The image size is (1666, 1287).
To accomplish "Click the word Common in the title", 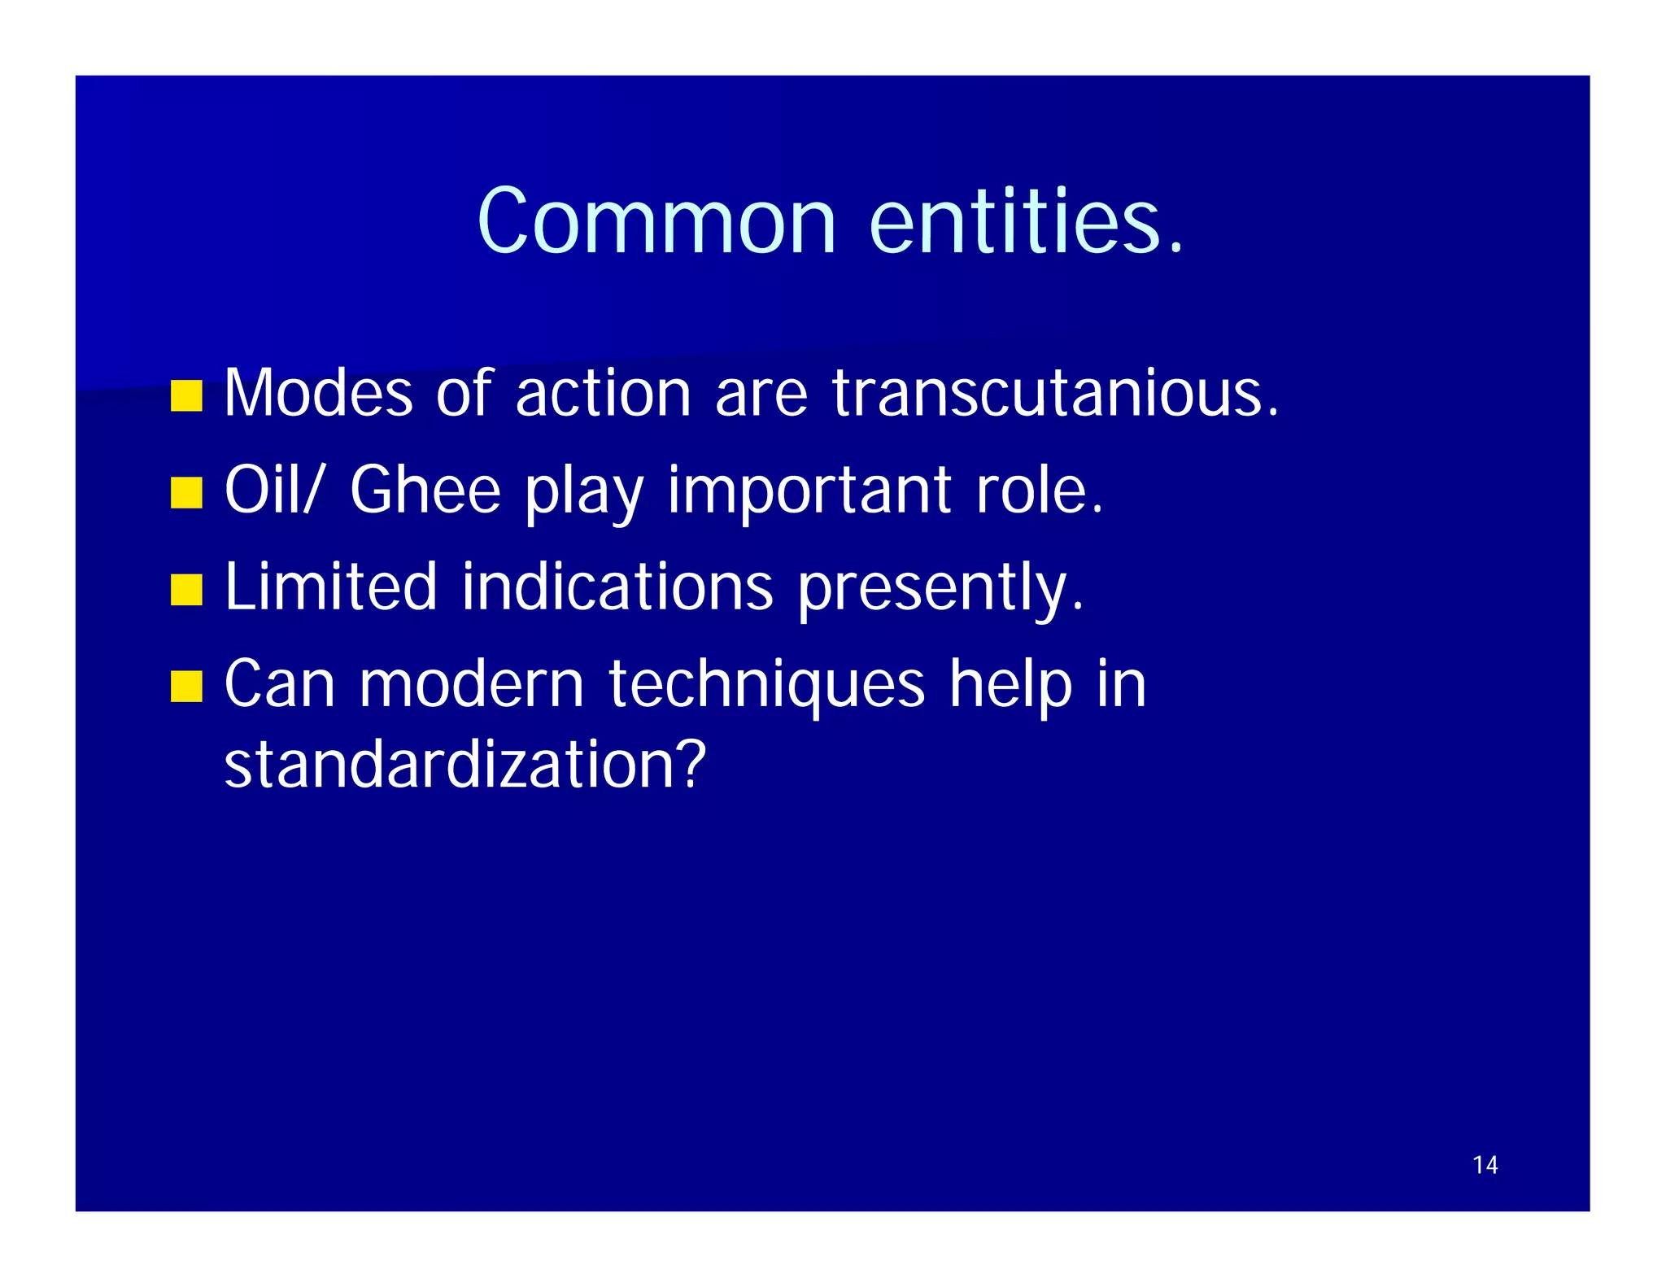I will pos(656,221).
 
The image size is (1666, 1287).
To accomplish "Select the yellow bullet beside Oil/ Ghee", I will pos(186,493).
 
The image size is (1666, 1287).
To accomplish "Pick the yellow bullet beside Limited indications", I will pos(186,590).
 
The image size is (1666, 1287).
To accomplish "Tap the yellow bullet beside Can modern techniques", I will pos(186,686).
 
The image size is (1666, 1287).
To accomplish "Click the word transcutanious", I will pos(1054,394).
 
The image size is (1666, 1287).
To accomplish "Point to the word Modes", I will pos(318,394).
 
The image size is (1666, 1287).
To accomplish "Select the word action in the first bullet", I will pos(603,394).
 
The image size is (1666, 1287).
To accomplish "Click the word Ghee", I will pos(425,491).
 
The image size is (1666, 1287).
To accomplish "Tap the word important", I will pos(809,491).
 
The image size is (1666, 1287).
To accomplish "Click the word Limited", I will pos(330,587).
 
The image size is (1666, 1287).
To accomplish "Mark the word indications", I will pos(617,587).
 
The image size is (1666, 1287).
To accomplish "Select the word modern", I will pos(472,684).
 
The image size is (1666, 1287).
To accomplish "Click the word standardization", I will pos(464,765).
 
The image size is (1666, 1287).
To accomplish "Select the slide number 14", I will pos(1485,1165).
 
